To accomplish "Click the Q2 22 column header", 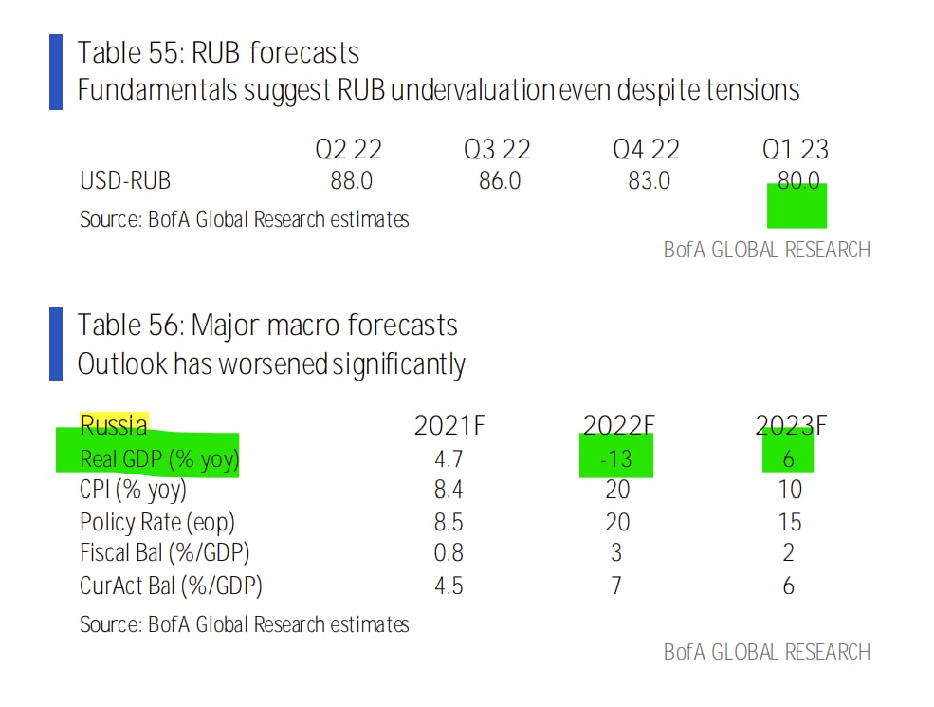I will (348, 149).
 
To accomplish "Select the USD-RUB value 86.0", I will (499, 180).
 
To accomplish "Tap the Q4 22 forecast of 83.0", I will (649, 180).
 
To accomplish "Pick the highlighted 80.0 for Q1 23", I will (797, 181).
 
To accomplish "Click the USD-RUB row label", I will (126, 180).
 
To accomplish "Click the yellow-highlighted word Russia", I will (114, 425).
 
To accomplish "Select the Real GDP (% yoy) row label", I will (159, 458).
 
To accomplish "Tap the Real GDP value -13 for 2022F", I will (615, 459).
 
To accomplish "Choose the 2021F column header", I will (449, 426).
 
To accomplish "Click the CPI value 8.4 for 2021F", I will (449, 490).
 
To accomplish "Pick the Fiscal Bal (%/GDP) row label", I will (165, 553).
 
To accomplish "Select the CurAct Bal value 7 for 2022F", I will (616, 586).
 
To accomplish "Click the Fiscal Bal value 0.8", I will (449, 553).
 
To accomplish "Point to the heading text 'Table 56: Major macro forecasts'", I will (267, 326).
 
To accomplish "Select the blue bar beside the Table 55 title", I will (55, 71).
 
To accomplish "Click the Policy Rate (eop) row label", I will (157, 522).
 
